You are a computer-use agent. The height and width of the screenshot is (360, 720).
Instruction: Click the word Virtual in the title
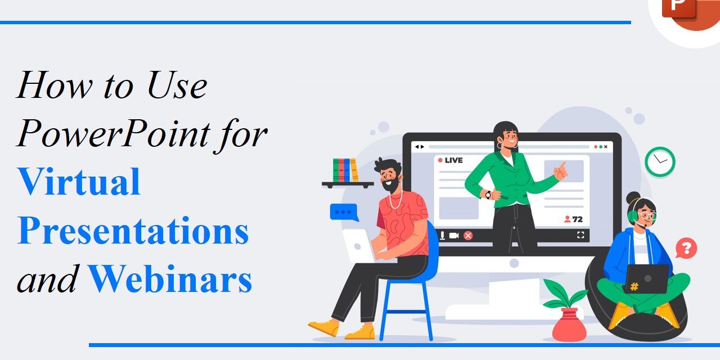(79, 181)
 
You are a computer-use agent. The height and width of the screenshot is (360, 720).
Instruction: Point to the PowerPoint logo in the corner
(683, 11)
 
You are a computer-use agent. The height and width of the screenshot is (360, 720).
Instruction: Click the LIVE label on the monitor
(450, 160)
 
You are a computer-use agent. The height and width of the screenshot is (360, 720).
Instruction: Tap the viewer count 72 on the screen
(573, 219)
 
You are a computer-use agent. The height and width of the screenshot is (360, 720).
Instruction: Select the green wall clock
(660, 162)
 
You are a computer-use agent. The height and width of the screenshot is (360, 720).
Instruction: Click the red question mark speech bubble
(686, 247)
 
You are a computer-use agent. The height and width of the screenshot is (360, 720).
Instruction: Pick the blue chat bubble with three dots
(344, 212)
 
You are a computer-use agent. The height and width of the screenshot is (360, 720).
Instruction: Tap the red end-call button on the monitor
(468, 235)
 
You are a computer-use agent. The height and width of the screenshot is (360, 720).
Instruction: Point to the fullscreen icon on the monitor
(580, 235)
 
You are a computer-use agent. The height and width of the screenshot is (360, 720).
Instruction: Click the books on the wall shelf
(345, 170)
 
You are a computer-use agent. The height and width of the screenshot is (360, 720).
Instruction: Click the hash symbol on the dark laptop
(634, 286)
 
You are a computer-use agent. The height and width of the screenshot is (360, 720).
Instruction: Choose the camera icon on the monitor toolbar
(454, 235)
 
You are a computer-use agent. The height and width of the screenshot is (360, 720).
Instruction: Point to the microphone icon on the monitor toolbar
(442, 235)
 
